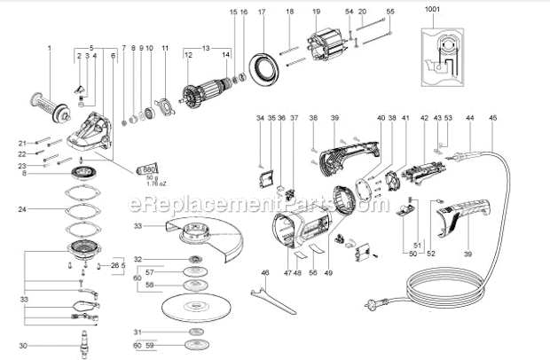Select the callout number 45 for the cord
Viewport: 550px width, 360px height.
[493, 117]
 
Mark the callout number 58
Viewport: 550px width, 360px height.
[150, 285]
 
